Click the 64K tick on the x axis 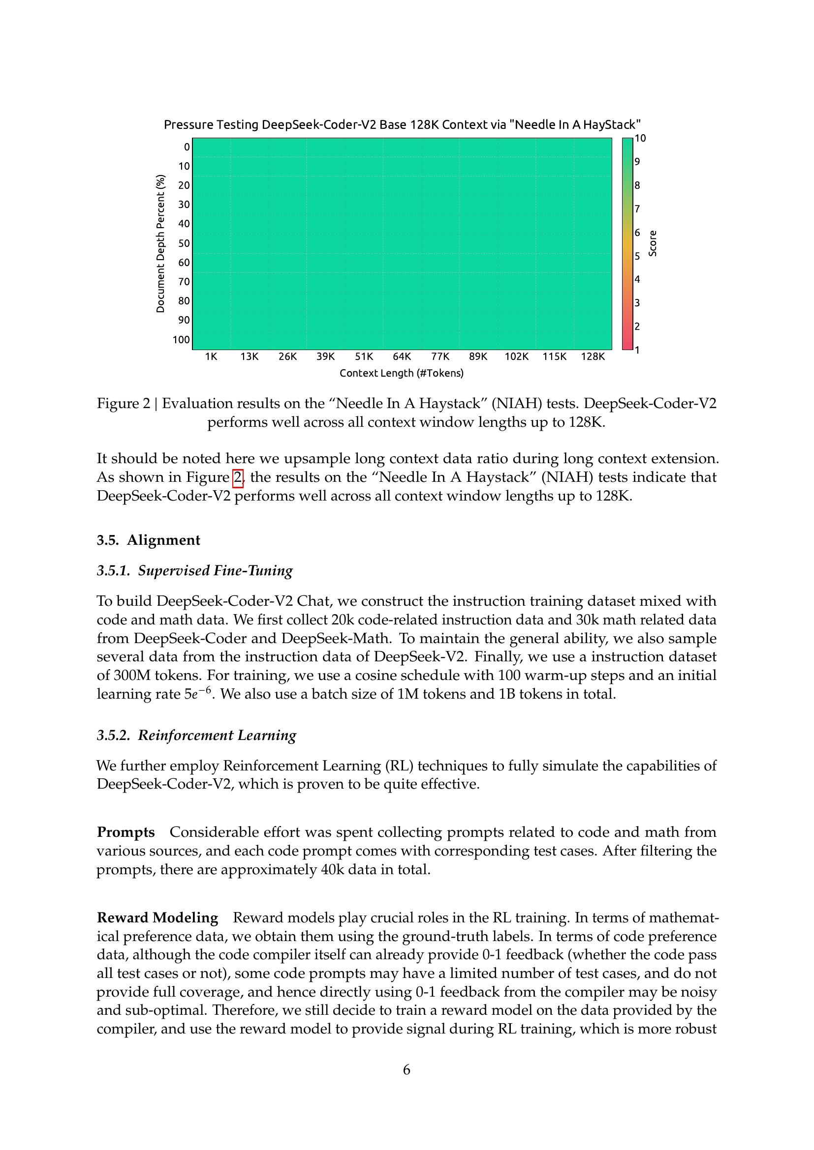[402, 356]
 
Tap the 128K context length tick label [593, 356]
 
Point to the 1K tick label [211, 356]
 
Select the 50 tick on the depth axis [185, 243]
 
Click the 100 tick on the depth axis [182, 340]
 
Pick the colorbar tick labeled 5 [637, 256]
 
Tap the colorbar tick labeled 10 [640, 138]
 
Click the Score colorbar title [653, 243]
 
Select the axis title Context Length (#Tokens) [402, 373]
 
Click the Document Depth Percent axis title [160, 243]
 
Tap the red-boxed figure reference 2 [238, 477]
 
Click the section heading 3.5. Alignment [148, 540]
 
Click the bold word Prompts [126, 832]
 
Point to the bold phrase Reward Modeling [157, 917]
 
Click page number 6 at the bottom [407, 1070]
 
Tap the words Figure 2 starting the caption [124, 403]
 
